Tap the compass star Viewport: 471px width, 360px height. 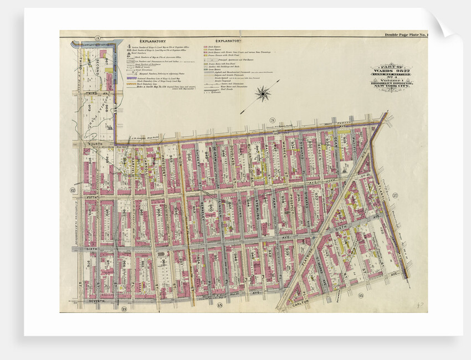click(261, 94)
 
